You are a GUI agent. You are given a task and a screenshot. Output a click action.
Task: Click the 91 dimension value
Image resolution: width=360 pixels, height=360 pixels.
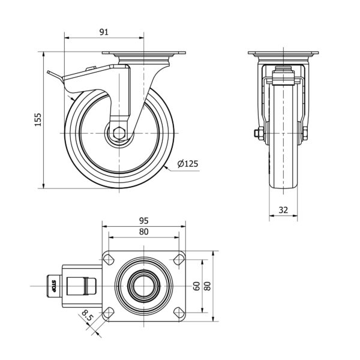pyautogui.click(x=104, y=32)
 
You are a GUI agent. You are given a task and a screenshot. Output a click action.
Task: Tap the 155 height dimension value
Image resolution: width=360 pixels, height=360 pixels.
pyautogui.click(x=38, y=119)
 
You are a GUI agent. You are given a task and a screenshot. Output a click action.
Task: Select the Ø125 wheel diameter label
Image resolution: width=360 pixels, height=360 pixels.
pyautogui.click(x=188, y=164)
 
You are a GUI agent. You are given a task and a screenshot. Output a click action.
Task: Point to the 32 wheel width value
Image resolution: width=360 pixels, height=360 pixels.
pyautogui.click(x=283, y=210)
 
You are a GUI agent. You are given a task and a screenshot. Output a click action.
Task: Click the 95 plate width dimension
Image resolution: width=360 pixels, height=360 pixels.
pyautogui.click(x=144, y=221)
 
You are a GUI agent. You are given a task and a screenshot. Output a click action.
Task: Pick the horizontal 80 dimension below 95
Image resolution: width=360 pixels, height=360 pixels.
pyautogui.click(x=144, y=232)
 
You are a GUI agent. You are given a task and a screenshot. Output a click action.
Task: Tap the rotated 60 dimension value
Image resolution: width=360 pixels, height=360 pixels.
pyautogui.click(x=197, y=286)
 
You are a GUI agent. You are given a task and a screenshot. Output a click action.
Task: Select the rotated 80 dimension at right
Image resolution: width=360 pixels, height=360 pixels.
pyautogui.click(x=208, y=286)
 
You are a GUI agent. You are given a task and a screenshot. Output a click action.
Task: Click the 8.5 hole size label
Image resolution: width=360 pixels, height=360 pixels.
pyautogui.click(x=88, y=315)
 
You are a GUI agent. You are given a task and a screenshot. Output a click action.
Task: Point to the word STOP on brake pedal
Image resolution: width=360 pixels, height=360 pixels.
pyautogui.click(x=53, y=286)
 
